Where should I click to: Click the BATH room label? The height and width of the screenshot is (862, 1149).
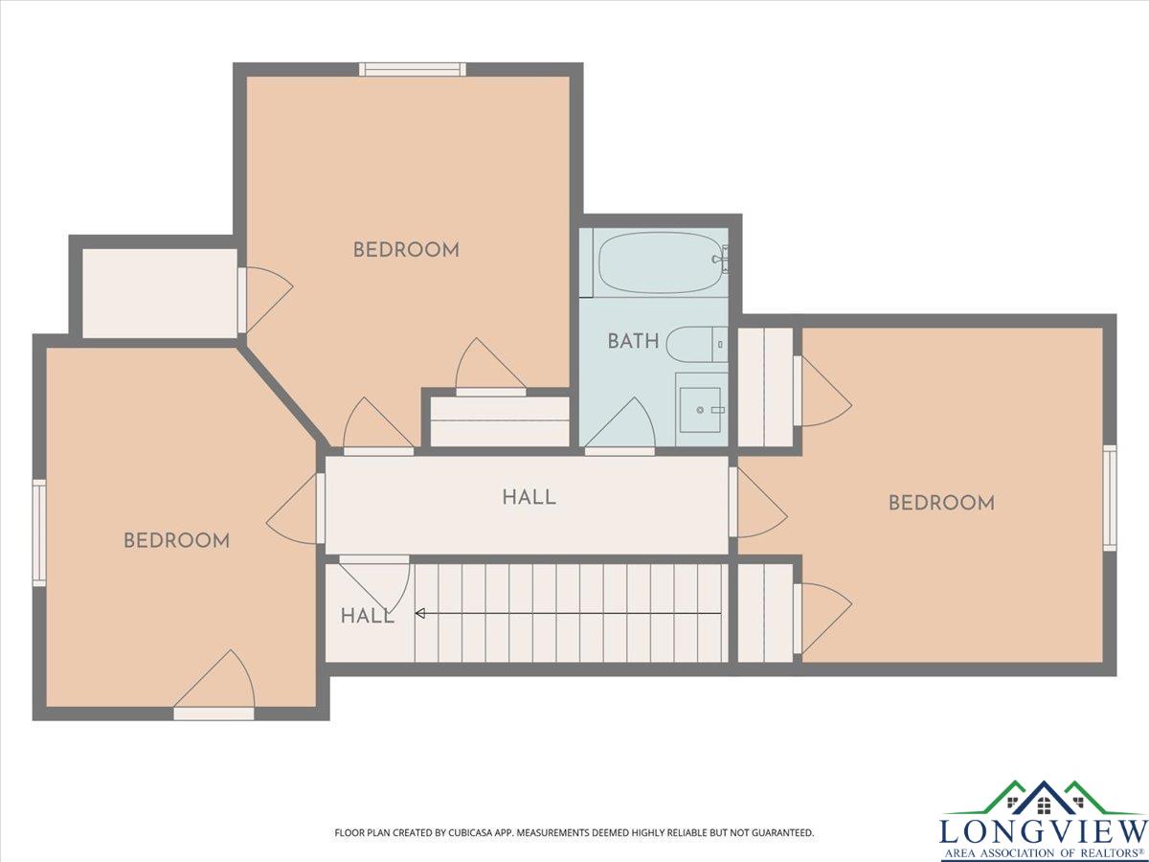[633, 341]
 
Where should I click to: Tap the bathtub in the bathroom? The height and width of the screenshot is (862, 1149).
[664, 262]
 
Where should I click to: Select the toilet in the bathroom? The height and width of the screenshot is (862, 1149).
[697, 345]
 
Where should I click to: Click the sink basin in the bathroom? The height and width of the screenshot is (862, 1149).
[700, 410]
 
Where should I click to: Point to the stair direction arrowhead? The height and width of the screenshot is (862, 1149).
[419, 613]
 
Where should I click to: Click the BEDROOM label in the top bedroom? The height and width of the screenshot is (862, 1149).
[406, 250]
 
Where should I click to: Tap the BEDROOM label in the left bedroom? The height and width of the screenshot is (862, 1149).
[176, 540]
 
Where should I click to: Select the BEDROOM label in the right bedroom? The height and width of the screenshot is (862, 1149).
[942, 503]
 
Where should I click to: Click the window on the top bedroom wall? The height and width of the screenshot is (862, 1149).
[413, 70]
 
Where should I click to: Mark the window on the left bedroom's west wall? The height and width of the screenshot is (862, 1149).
[39, 533]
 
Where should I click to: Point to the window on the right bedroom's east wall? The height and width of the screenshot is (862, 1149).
[1110, 498]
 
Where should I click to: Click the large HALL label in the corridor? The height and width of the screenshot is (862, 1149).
[529, 497]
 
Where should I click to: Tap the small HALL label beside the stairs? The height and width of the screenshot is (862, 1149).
[367, 617]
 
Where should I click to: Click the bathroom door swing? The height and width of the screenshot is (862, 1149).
[620, 425]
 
